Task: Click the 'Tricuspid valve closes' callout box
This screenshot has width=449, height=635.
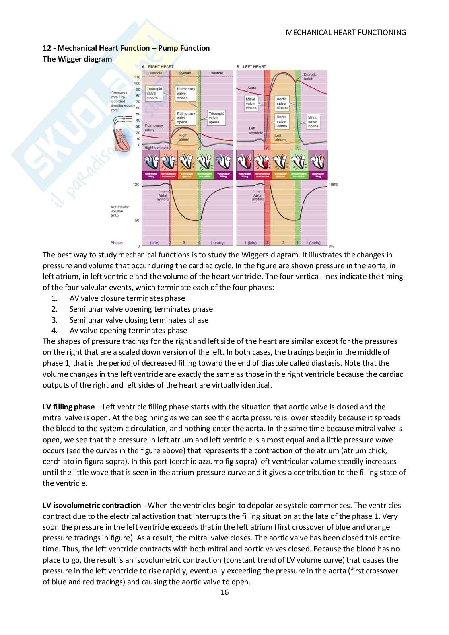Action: coord(152,93)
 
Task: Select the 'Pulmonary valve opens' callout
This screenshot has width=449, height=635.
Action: coord(185,118)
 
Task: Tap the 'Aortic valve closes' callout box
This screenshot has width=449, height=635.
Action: coord(282,103)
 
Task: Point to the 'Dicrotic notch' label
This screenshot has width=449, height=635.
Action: coord(310,76)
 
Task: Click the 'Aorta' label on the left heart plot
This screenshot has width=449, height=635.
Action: coord(252,88)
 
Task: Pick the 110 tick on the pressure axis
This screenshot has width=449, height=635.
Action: coord(137,77)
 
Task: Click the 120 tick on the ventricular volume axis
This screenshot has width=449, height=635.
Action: coord(136,185)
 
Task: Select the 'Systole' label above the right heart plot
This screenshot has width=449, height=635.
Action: coord(185,73)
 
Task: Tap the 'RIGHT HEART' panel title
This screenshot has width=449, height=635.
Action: coord(161,66)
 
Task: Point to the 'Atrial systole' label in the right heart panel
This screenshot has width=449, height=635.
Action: coord(163,197)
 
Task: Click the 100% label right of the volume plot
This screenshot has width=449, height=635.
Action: coord(333,185)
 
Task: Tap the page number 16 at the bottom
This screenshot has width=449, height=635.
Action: coord(224,592)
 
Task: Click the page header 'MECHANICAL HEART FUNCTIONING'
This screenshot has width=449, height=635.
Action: coord(346,33)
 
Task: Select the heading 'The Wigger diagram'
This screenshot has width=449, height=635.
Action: coord(77,59)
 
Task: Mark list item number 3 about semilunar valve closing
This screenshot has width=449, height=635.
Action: coord(139,320)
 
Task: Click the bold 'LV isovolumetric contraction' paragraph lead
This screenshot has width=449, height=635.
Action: coord(91,506)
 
